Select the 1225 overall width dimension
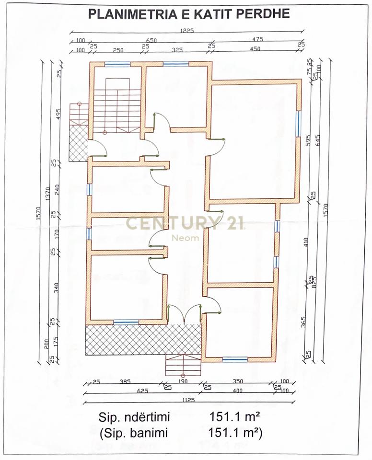coord(186,30)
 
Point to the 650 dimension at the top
coord(151,41)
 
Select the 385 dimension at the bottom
coord(125,382)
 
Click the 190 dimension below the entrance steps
coord(183,382)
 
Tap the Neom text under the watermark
coord(185,238)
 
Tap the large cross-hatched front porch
coord(142,339)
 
